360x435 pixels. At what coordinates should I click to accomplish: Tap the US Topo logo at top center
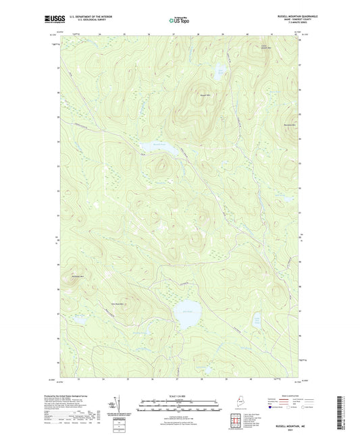(179, 20)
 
